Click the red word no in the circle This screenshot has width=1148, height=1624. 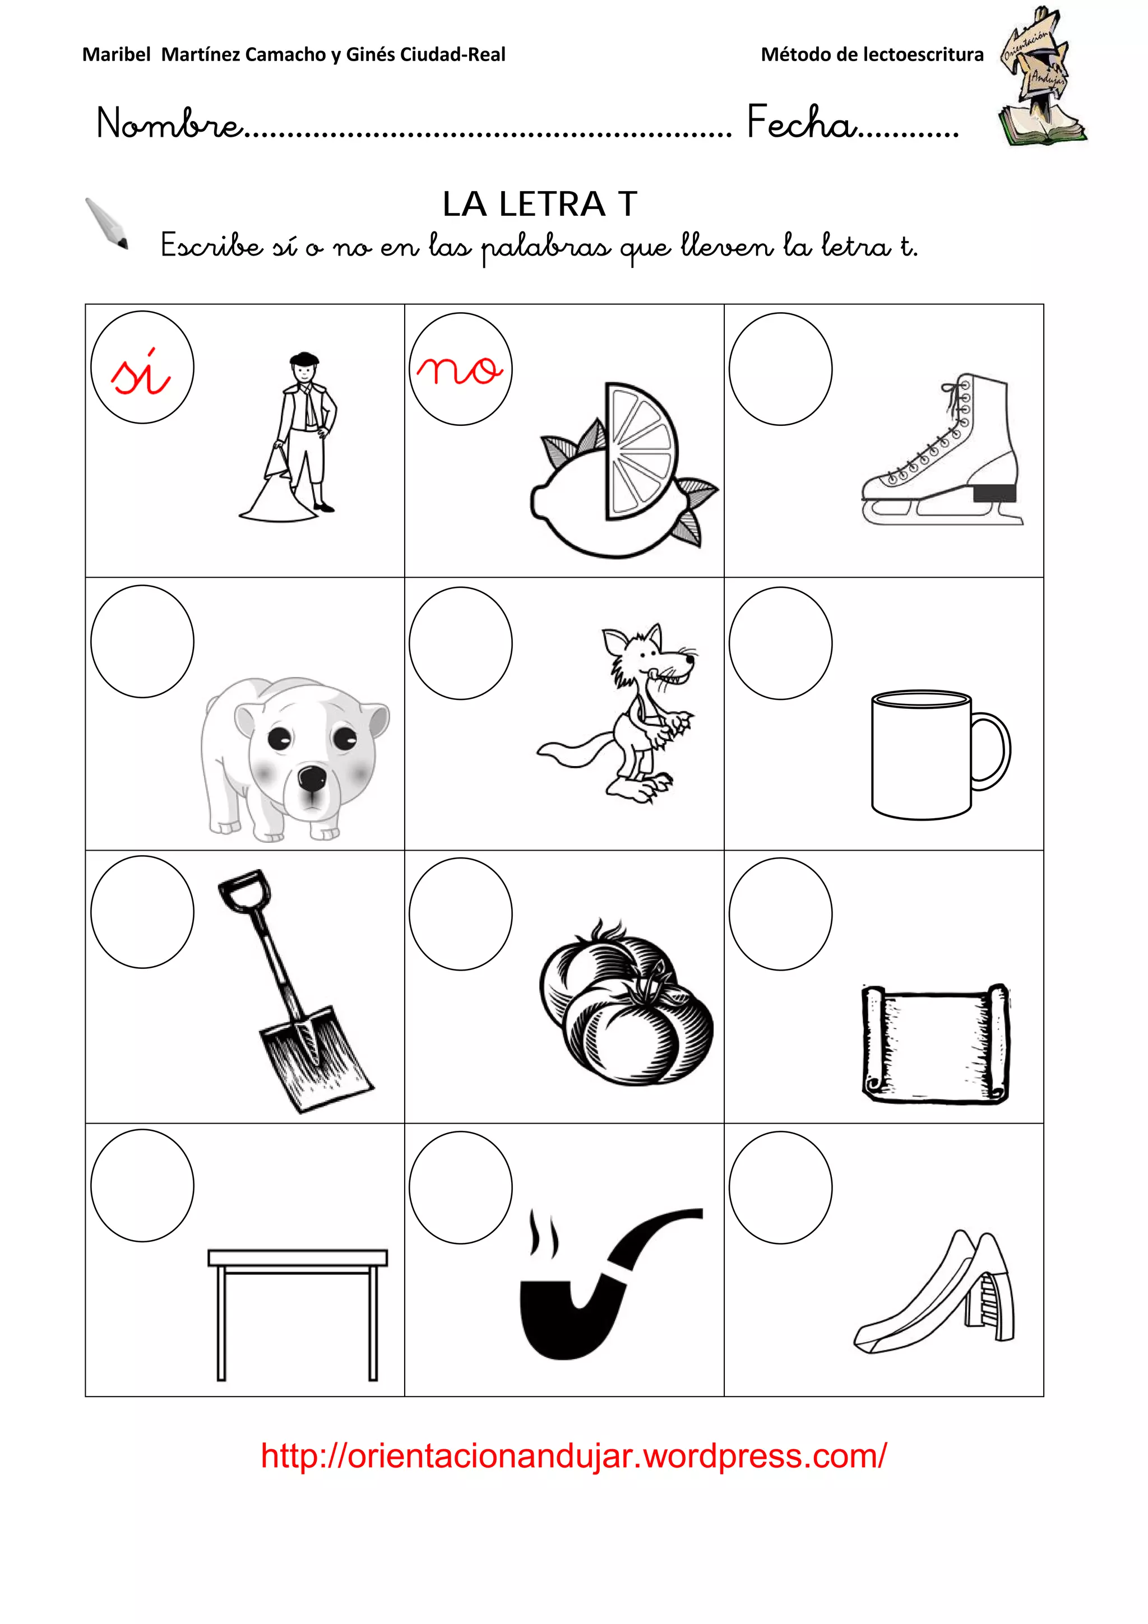(x=460, y=369)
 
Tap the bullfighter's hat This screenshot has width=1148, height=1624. (x=304, y=359)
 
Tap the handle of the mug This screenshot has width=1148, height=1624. (x=992, y=751)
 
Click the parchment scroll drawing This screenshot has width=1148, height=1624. (x=935, y=1042)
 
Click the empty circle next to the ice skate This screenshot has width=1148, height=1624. (x=780, y=369)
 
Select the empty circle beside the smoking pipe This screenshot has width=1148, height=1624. (x=460, y=1187)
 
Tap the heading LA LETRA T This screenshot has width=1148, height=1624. (x=540, y=205)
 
